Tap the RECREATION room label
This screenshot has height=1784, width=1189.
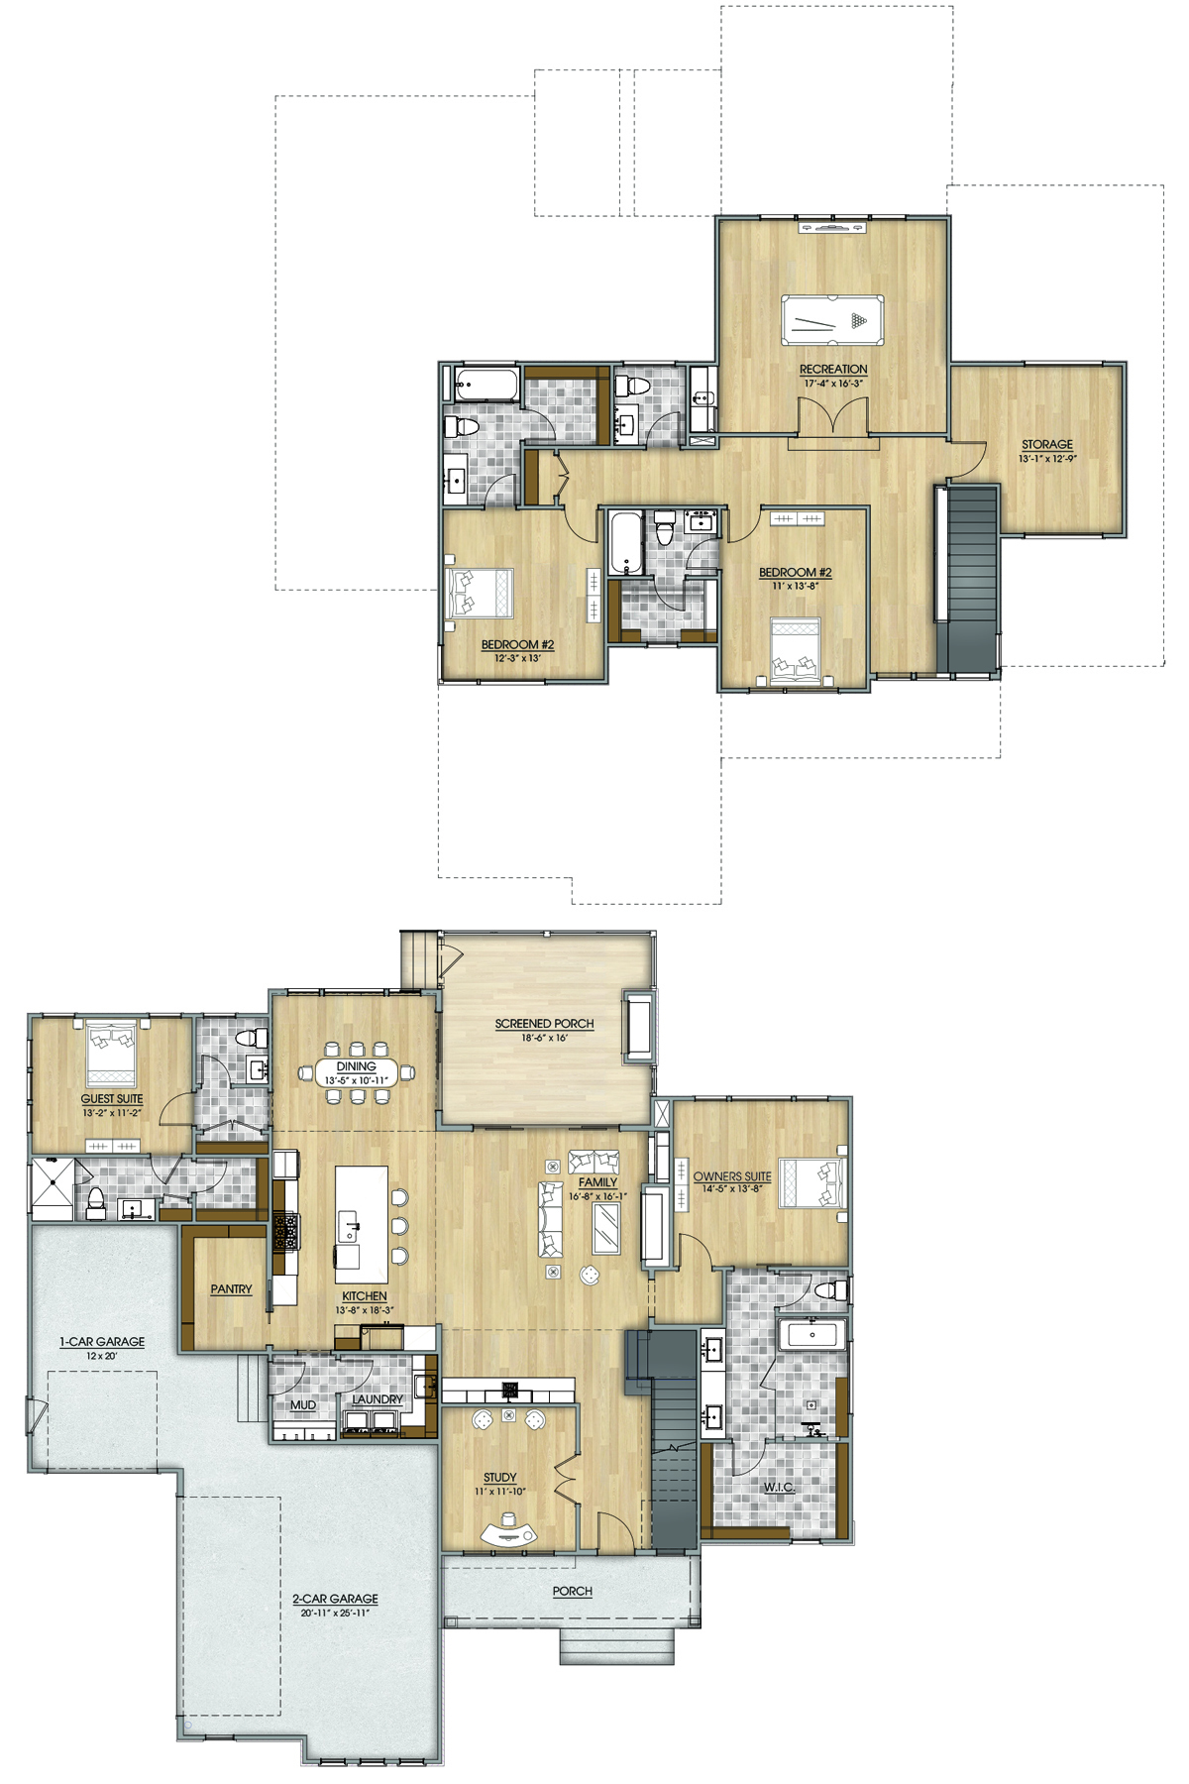[x=833, y=369]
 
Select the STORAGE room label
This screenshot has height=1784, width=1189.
[x=1047, y=444]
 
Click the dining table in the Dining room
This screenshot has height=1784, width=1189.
[x=357, y=1072]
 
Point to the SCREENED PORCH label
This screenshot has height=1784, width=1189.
[x=545, y=1024]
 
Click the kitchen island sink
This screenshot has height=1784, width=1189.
[x=349, y=1226]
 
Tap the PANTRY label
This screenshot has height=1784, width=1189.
[x=231, y=1288]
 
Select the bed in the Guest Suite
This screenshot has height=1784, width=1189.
[x=111, y=1054]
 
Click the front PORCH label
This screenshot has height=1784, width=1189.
[x=573, y=1591]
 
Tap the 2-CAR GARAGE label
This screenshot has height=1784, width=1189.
[x=335, y=1599]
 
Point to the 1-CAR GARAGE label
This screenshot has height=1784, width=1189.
[x=102, y=1342]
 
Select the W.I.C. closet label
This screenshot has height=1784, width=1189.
[x=779, y=1487]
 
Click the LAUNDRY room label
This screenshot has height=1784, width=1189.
[x=378, y=1399]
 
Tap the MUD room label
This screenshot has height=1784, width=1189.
[x=303, y=1405]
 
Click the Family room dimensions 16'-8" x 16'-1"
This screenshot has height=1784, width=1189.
[x=597, y=1196]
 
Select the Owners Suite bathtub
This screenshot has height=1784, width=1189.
[x=812, y=1334]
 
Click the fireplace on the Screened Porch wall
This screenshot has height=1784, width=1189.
[x=638, y=1027]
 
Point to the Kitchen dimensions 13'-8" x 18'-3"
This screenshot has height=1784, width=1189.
[x=365, y=1310]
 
